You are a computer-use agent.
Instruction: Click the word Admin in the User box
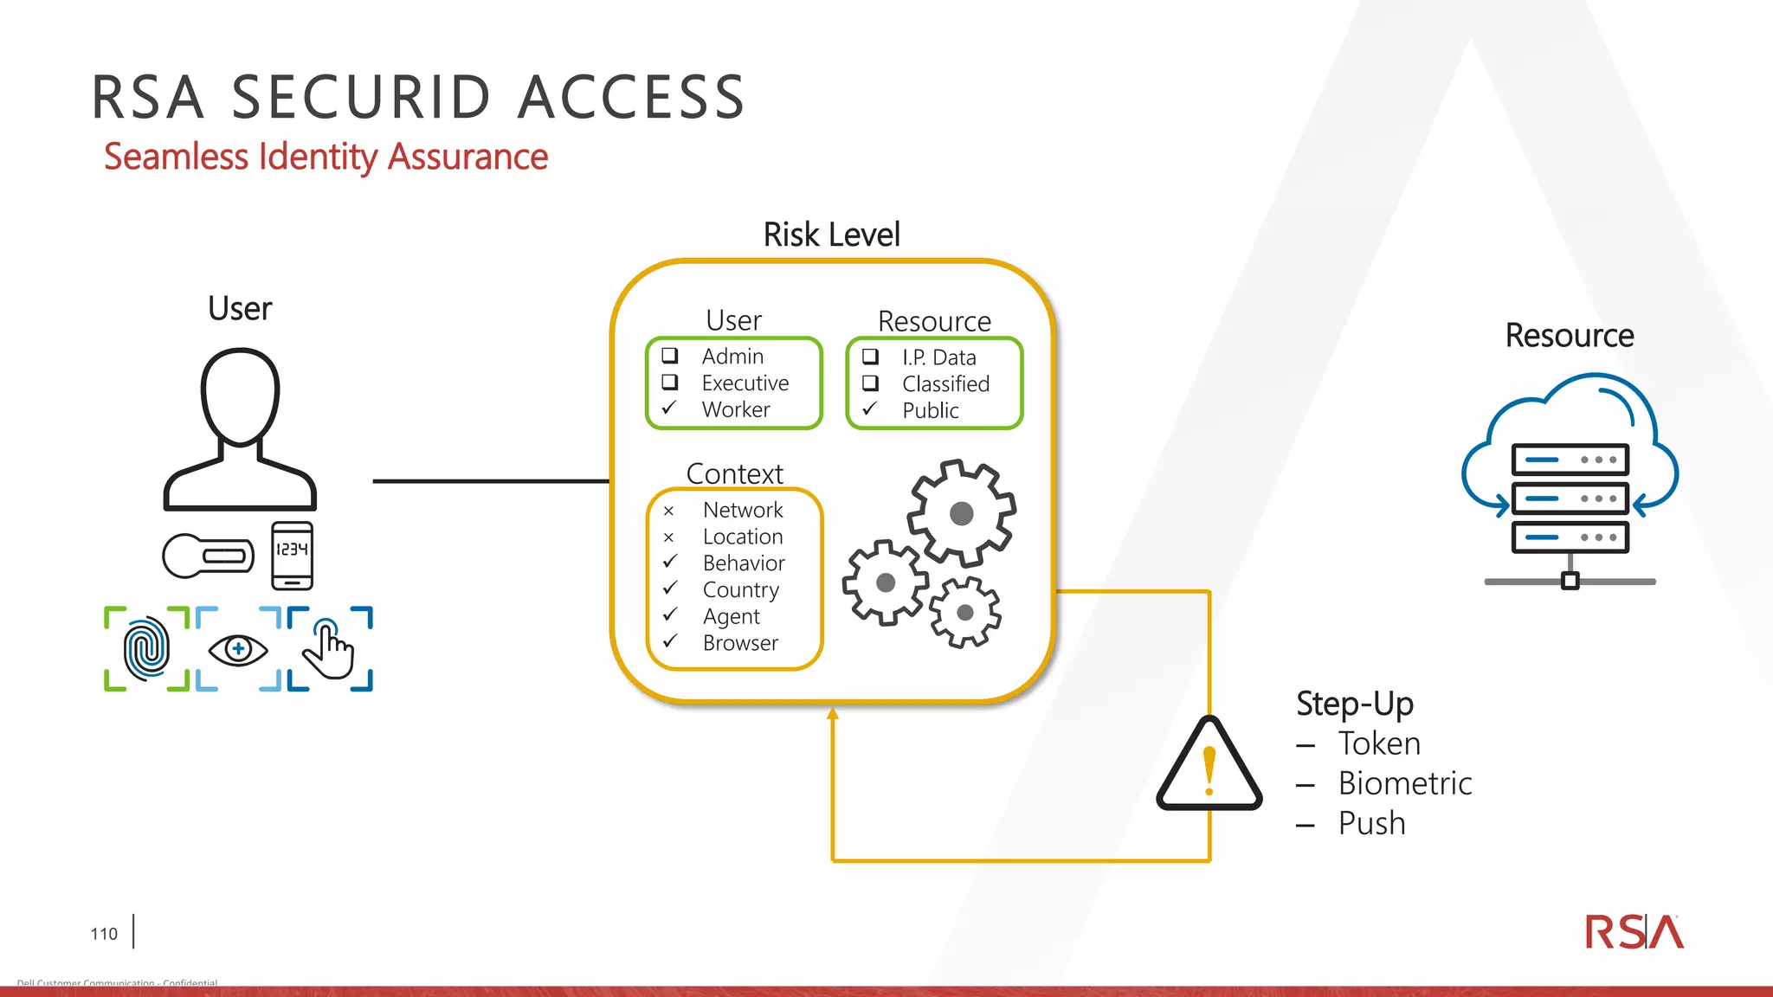[732, 357]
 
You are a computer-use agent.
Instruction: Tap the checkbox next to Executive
[670, 383]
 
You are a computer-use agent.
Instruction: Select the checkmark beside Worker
[669, 408]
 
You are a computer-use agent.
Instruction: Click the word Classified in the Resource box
[945, 383]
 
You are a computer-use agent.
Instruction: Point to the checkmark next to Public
[870, 409]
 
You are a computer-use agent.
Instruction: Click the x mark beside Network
[668, 511]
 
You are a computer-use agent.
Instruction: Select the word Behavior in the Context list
[744, 563]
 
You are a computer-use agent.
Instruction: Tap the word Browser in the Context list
[740, 643]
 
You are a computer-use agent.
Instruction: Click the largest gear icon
[961, 513]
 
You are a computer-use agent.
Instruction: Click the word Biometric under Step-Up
[1404, 783]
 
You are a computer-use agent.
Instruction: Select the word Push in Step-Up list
[1371, 823]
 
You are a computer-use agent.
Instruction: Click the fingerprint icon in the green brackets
[146, 648]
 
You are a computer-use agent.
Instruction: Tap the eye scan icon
[238, 649]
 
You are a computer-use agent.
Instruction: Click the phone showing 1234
[292, 555]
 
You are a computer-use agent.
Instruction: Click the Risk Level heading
[831, 235]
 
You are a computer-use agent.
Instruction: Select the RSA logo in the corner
[1634, 932]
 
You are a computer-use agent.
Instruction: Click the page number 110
[104, 934]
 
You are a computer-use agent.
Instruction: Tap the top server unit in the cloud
[1570, 460]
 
